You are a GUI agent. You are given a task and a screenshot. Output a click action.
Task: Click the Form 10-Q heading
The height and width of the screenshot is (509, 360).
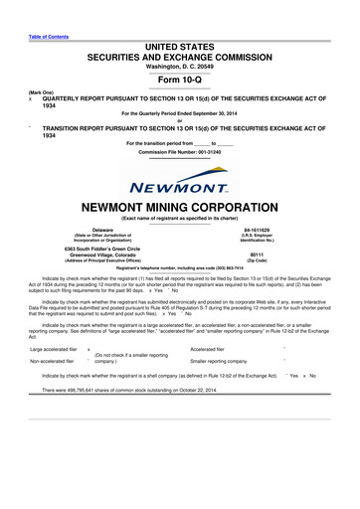[179, 81]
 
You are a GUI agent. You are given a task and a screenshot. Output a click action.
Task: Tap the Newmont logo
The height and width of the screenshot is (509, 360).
[180, 183]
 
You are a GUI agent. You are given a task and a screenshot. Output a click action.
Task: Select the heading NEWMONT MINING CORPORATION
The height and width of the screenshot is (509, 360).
[180, 210]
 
